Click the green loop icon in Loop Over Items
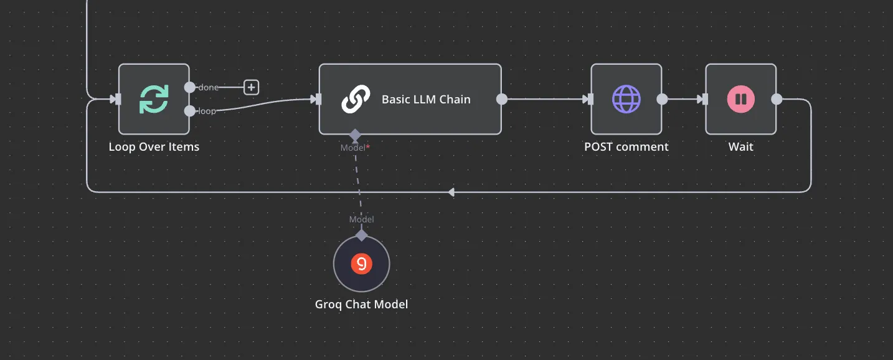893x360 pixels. pos(154,99)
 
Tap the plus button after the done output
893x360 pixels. pos(251,87)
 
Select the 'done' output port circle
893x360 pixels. pos(190,87)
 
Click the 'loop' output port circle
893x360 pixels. pos(190,111)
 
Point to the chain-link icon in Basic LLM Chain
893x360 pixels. pos(356,99)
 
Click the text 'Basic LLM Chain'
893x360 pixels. pos(426,99)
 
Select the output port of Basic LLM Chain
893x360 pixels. pos(502,99)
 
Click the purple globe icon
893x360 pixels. pos(626,99)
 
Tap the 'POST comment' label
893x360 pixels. pos(626,147)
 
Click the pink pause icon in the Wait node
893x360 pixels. pos(740,99)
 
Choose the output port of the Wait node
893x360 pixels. pos(777,99)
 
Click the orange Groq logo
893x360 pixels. pos(362,264)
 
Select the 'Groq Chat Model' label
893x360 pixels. pos(362,304)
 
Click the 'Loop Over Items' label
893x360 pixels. pos(154,147)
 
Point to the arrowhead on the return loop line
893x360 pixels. pos(451,192)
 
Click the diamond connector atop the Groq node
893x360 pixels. pos(362,235)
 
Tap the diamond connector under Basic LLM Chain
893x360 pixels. pos(355,135)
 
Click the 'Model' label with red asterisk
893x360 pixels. pos(355,148)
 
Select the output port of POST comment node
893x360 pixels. pos(662,99)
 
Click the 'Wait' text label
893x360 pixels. pos(740,147)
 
